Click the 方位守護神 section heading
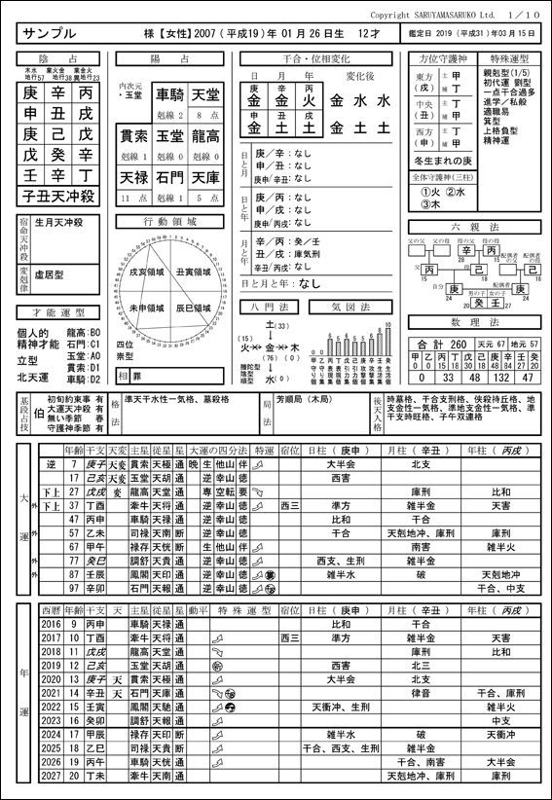pos(434,59)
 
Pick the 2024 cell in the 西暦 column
pos(51,734)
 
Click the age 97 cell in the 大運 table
pos(74,589)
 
